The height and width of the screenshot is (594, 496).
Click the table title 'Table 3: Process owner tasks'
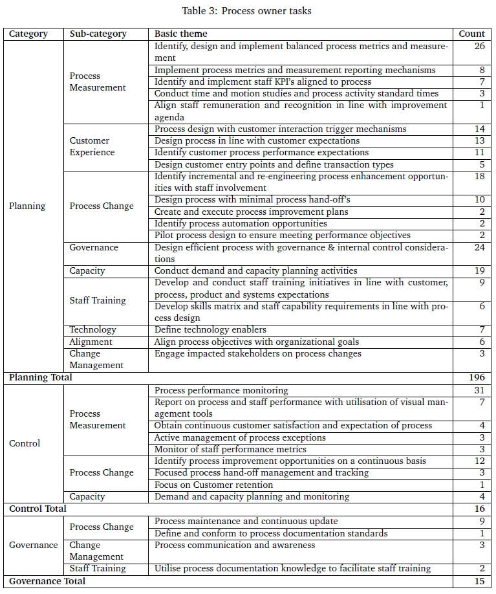coord(247,10)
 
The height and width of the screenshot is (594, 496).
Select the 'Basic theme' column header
coord(181,34)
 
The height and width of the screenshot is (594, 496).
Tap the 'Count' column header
coord(471,34)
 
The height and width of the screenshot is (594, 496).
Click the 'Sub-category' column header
coord(98,34)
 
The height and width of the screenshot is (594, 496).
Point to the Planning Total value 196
coord(477,377)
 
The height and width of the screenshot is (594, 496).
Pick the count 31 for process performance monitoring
coord(479,390)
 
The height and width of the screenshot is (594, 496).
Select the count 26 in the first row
coord(479,46)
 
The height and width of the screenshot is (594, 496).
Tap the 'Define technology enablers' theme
coord(210,330)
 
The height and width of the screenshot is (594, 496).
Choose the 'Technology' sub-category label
coord(93,330)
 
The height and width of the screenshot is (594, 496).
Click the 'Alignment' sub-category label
coord(91,342)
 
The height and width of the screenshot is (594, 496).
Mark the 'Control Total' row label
coord(38,509)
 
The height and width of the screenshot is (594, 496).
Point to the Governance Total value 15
coord(479,581)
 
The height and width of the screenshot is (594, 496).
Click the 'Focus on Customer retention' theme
coord(213,485)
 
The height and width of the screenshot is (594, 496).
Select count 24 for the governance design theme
coord(479,247)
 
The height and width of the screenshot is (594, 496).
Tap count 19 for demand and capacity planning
coord(479,271)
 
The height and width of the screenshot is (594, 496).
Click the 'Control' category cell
coord(25,443)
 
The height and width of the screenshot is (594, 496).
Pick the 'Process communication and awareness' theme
coord(235,545)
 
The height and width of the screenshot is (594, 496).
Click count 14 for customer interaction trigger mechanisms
coord(479,129)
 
